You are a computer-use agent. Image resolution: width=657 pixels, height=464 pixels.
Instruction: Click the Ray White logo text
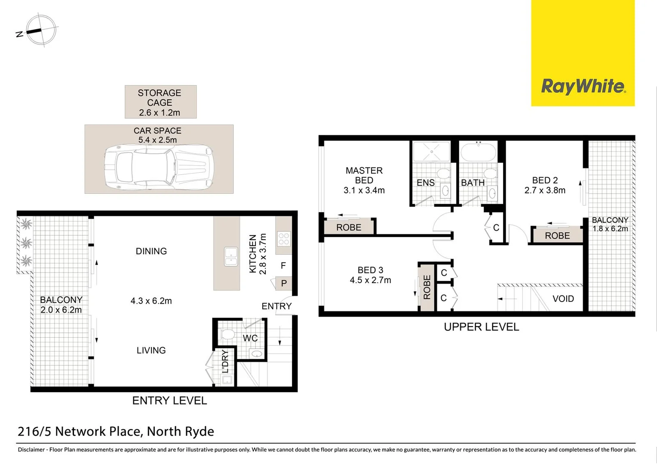click(583, 86)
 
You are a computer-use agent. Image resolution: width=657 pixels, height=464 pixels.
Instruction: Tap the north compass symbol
click(40, 31)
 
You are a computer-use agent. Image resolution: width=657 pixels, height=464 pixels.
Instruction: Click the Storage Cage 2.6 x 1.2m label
click(160, 103)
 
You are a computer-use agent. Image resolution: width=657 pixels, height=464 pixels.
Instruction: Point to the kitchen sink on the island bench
click(230, 256)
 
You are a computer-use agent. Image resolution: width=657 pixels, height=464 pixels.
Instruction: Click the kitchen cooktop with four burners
click(284, 239)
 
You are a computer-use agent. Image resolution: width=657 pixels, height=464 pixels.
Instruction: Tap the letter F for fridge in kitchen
click(283, 266)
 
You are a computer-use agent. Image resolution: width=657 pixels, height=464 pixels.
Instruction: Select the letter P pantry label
click(284, 284)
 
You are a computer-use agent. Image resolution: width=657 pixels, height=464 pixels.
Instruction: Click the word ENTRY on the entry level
click(276, 306)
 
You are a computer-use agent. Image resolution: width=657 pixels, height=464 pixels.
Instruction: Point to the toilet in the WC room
click(227, 335)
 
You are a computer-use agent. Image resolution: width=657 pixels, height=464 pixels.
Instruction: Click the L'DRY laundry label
click(225, 362)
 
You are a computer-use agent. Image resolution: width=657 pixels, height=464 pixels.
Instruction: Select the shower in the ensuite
click(431, 152)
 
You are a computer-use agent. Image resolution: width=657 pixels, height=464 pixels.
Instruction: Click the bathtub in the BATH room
click(478, 153)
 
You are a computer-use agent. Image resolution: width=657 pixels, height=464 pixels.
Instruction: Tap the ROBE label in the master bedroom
click(349, 228)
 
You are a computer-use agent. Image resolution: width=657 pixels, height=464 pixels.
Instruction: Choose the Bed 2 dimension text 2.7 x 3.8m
click(545, 190)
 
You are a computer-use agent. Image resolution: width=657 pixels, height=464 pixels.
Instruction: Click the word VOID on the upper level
click(563, 299)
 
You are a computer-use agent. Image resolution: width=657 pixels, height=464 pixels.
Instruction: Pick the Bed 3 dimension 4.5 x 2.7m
click(370, 281)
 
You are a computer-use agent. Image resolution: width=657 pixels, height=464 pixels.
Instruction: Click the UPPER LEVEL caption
click(481, 327)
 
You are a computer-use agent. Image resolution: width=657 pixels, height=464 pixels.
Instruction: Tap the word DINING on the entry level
click(151, 251)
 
